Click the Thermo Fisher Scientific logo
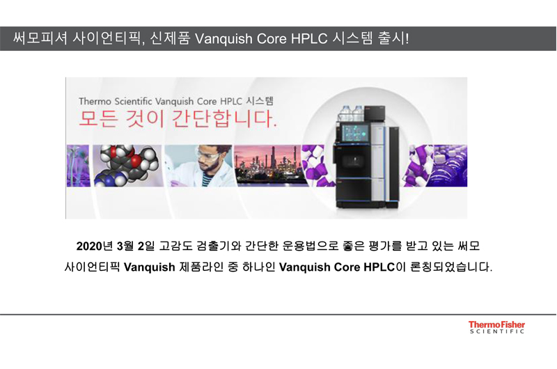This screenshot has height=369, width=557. [x=496, y=327]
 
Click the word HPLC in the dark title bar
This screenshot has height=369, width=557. [x=309, y=39]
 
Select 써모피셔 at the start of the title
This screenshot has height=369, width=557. [x=40, y=38]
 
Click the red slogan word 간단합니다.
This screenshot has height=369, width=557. [x=224, y=119]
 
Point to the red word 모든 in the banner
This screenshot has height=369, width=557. [x=97, y=119]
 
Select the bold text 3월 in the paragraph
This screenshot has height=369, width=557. [x=125, y=246]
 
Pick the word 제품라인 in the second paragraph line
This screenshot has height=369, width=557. [x=201, y=267]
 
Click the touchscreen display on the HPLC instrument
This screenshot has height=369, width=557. [x=356, y=133]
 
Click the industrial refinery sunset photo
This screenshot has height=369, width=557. [x=270, y=166]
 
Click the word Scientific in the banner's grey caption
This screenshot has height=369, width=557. [x=133, y=102]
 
